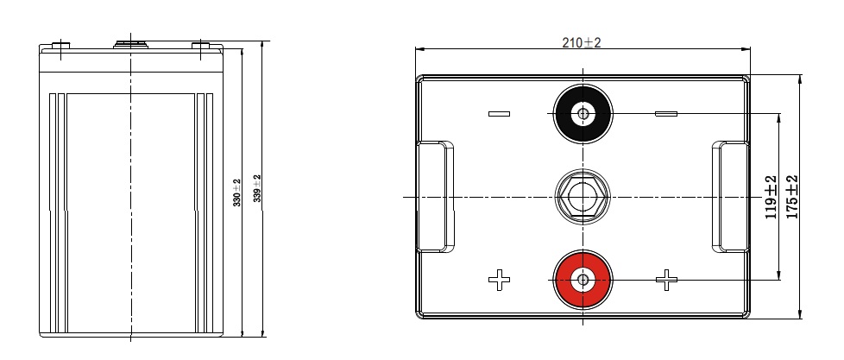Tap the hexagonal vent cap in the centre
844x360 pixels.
583,197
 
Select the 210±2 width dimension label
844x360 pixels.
582,42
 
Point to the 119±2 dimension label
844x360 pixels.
772,197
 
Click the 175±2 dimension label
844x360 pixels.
791,197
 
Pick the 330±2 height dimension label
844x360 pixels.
236,193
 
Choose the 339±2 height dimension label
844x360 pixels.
257,188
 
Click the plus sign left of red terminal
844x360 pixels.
499,280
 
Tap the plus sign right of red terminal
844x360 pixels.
666,280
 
